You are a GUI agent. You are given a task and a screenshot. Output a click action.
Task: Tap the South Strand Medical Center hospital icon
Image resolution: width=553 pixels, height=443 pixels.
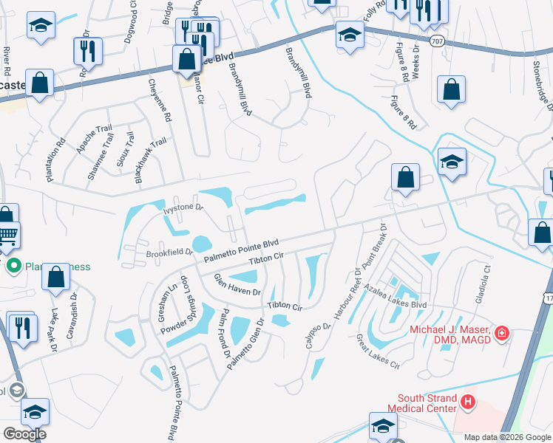[467, 402]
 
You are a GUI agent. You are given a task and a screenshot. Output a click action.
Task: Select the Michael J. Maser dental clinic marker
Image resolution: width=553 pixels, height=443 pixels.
[502, 334]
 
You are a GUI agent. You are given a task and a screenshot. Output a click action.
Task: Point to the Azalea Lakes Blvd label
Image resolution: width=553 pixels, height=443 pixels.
[400, 303]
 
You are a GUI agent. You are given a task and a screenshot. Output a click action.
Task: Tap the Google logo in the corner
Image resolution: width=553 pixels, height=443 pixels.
[24, 434]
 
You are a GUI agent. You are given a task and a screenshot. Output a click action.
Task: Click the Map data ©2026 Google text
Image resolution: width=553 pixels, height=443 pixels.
[508, 437]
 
